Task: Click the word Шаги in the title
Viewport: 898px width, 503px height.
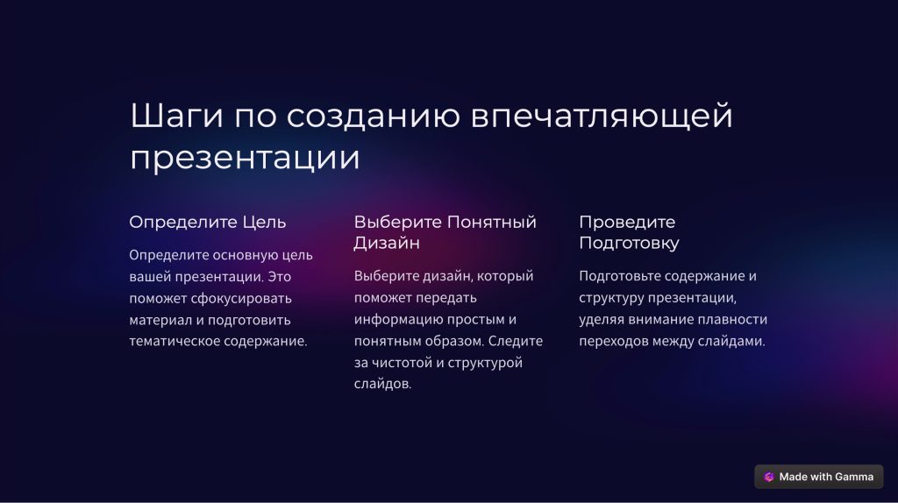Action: pos(176,116)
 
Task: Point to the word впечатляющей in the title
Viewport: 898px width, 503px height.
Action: pos(602,117)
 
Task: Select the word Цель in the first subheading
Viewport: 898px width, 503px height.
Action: pos(264,222)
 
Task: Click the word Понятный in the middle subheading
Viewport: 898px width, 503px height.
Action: pos(492,222)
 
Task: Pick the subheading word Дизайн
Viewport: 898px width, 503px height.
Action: pos(387,244)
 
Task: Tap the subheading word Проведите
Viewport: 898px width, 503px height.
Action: pos(627,222)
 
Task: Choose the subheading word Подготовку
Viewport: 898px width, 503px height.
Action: pos(629,244)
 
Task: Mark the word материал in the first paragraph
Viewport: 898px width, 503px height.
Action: pos(160,321)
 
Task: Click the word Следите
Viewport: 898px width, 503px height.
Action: pos(516,341)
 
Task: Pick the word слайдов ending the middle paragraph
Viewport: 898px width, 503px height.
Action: pos(382,384)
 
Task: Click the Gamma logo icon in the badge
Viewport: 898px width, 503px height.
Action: pos(769,477)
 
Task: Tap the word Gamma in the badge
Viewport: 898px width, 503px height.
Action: pos(854,477)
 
